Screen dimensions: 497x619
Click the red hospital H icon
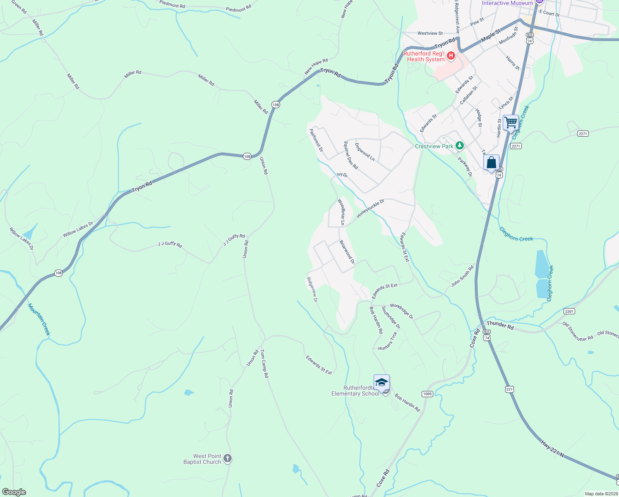click(451, 55)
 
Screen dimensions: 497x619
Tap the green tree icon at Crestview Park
click(459, 145)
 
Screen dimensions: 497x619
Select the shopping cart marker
click(511, 123)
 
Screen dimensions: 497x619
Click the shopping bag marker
click(491, 163)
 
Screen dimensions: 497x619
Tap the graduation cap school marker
click(381, 383)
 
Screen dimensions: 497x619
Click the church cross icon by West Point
click(227, 458)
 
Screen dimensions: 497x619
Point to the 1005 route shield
click(427, 394)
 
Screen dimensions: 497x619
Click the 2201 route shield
click(569, 311)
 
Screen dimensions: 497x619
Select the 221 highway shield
click(509, 389)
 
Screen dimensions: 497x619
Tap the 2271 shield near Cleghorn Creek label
click(516, 146)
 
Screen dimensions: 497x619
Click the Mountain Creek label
click(39, 319)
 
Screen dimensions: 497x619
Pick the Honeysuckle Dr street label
click(370, 208)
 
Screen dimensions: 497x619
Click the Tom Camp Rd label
click(264, 364)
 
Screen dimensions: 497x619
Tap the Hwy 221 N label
click(552, 449)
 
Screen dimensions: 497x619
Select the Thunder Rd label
click(500, 325)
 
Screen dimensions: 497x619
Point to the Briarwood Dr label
click(347, 252)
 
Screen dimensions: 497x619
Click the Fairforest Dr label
click(316, 140)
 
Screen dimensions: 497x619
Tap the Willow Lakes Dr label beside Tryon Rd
click(78, 229)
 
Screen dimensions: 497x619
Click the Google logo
click(14, 492)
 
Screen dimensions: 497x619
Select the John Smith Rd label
click(462, 276)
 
